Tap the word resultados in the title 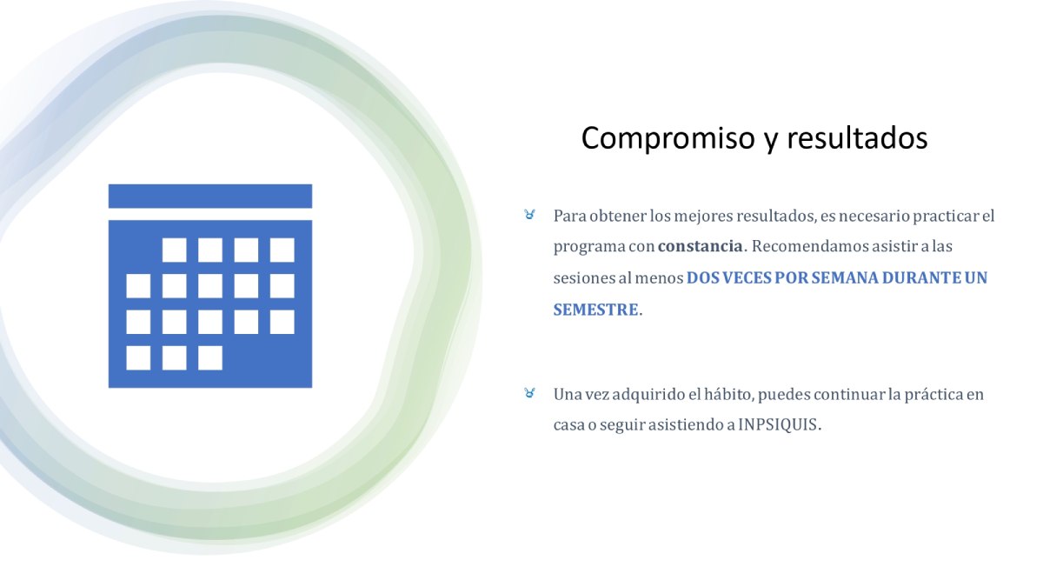[857, 138]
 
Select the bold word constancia [701, 246]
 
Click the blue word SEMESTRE [595, 310]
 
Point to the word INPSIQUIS [778, 424]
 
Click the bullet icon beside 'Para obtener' [529, 215]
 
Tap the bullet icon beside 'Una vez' [529, 393]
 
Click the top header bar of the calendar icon [210, 197]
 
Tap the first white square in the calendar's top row [174, 250]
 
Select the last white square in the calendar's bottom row [210, 357]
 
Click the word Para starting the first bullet [569, 216]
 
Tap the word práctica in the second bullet [933, 395]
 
